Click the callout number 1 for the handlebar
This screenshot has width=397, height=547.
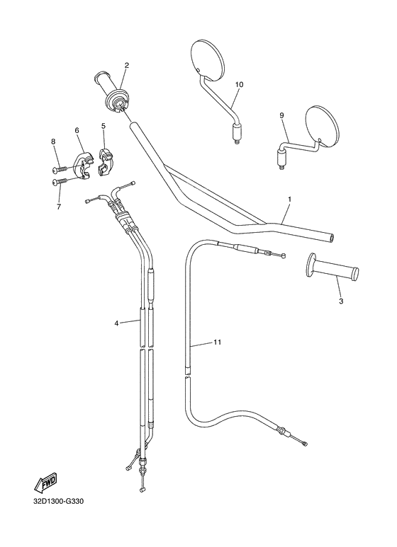[289, 200]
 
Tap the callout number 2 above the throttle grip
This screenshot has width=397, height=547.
[126, 66]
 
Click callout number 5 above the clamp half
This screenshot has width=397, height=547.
[104, 126]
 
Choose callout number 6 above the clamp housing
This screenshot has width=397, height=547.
[77, 130]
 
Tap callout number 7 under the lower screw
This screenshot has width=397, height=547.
[58, 206]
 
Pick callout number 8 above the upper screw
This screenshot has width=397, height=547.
[52, 142]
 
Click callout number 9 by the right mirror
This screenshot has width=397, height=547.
[281, 115]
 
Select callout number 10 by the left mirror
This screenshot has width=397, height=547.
[238, 85]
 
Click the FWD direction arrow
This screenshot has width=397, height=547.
[45, 484]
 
